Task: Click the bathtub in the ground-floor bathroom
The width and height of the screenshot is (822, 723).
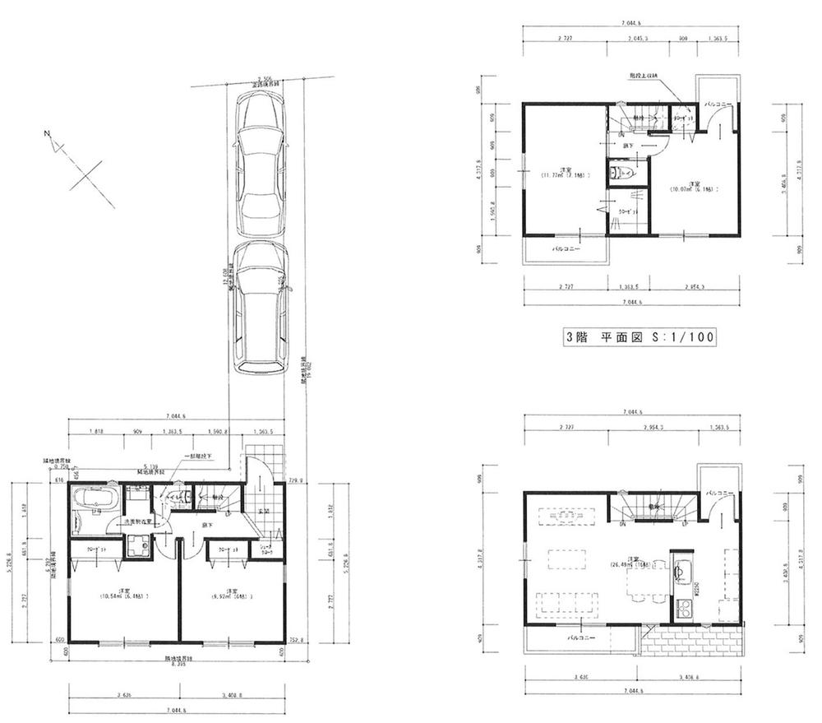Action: [95, 498]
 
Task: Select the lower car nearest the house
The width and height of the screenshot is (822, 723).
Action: [260, 308]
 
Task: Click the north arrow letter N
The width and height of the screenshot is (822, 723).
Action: [48, 134]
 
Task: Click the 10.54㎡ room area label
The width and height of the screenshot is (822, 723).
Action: [123, 595]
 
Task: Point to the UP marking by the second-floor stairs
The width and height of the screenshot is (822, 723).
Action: [684, 523]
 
